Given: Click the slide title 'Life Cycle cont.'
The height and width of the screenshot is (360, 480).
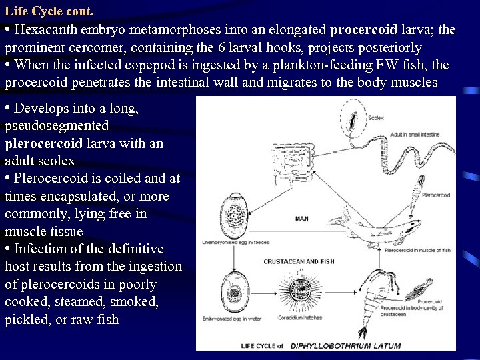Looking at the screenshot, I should click(49, 12).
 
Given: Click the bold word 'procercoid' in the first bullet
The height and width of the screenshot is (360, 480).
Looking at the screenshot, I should click(363, 30).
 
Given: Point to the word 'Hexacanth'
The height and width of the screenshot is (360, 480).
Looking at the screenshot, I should click(45, 30).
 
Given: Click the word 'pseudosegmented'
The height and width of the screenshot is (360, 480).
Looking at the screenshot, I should click(57, 126).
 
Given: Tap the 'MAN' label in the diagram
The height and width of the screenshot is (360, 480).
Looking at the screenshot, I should click(301, 218).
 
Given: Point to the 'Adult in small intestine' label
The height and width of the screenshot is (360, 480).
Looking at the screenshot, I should click(414, 135).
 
